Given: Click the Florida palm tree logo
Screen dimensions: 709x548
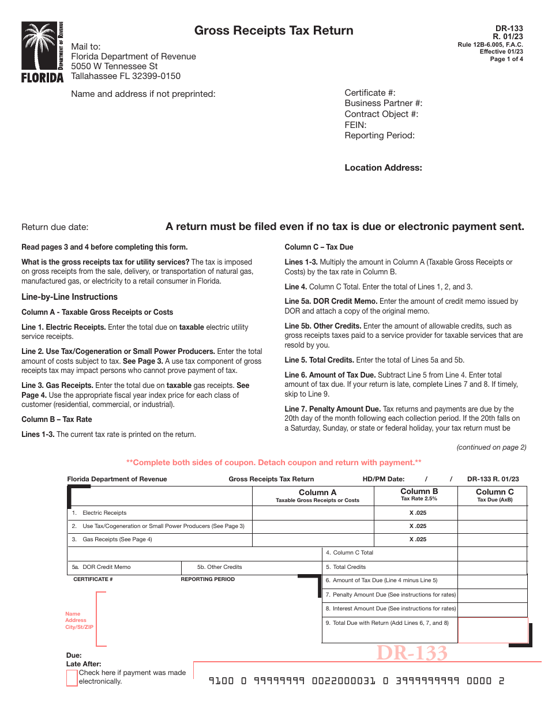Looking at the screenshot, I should point(42,52).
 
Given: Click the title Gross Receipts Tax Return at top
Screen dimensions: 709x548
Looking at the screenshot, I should point(273,31).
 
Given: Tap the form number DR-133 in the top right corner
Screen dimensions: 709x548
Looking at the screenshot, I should point(509,28).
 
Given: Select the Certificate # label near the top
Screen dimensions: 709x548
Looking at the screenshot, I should point(370,93).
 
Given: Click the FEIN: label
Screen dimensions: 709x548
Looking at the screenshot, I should point(355,125).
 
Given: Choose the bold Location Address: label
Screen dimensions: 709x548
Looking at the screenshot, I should point(383,168).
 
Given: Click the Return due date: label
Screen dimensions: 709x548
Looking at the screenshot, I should point(55,227).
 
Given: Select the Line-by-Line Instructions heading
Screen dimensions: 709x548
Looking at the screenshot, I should point(69,297).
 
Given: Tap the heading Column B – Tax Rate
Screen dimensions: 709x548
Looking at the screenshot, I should point(57,419).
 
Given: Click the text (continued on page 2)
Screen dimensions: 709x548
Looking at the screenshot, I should point(491,447).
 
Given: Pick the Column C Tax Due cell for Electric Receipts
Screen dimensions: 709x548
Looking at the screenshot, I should point(492,513).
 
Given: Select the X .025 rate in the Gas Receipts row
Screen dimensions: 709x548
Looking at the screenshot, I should point(418,540).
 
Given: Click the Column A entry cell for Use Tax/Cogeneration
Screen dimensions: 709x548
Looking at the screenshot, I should point(313,526).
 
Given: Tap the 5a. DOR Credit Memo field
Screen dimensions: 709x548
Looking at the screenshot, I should point(125,567).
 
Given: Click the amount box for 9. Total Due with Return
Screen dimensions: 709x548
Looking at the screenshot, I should point(492,630).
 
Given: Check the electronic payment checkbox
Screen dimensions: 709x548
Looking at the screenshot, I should point(72,678).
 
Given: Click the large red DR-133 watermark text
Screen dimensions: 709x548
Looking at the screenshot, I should point(412,653).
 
